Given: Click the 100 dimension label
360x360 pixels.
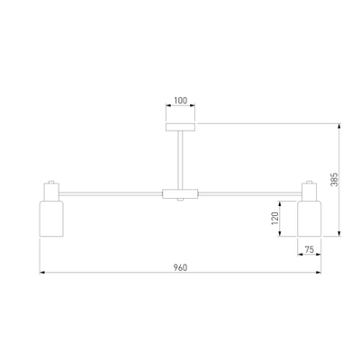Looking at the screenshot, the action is tap(180, 101).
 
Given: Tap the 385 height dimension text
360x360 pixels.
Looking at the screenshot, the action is tap(334, 179).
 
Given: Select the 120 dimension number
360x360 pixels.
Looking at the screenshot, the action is tap(274, 219).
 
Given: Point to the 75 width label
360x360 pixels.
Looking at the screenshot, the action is tap(309, 249).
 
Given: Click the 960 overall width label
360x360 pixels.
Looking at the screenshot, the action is tap(180, 267).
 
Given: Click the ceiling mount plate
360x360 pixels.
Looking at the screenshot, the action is tap(180, 127).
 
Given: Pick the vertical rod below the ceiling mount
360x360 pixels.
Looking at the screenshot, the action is tap(180, 160).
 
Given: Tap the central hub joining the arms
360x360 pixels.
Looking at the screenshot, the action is tap(180, 193).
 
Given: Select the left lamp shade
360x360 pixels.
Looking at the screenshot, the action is tap(51, 219).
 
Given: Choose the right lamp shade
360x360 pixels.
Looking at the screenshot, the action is tap(310, 219).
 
